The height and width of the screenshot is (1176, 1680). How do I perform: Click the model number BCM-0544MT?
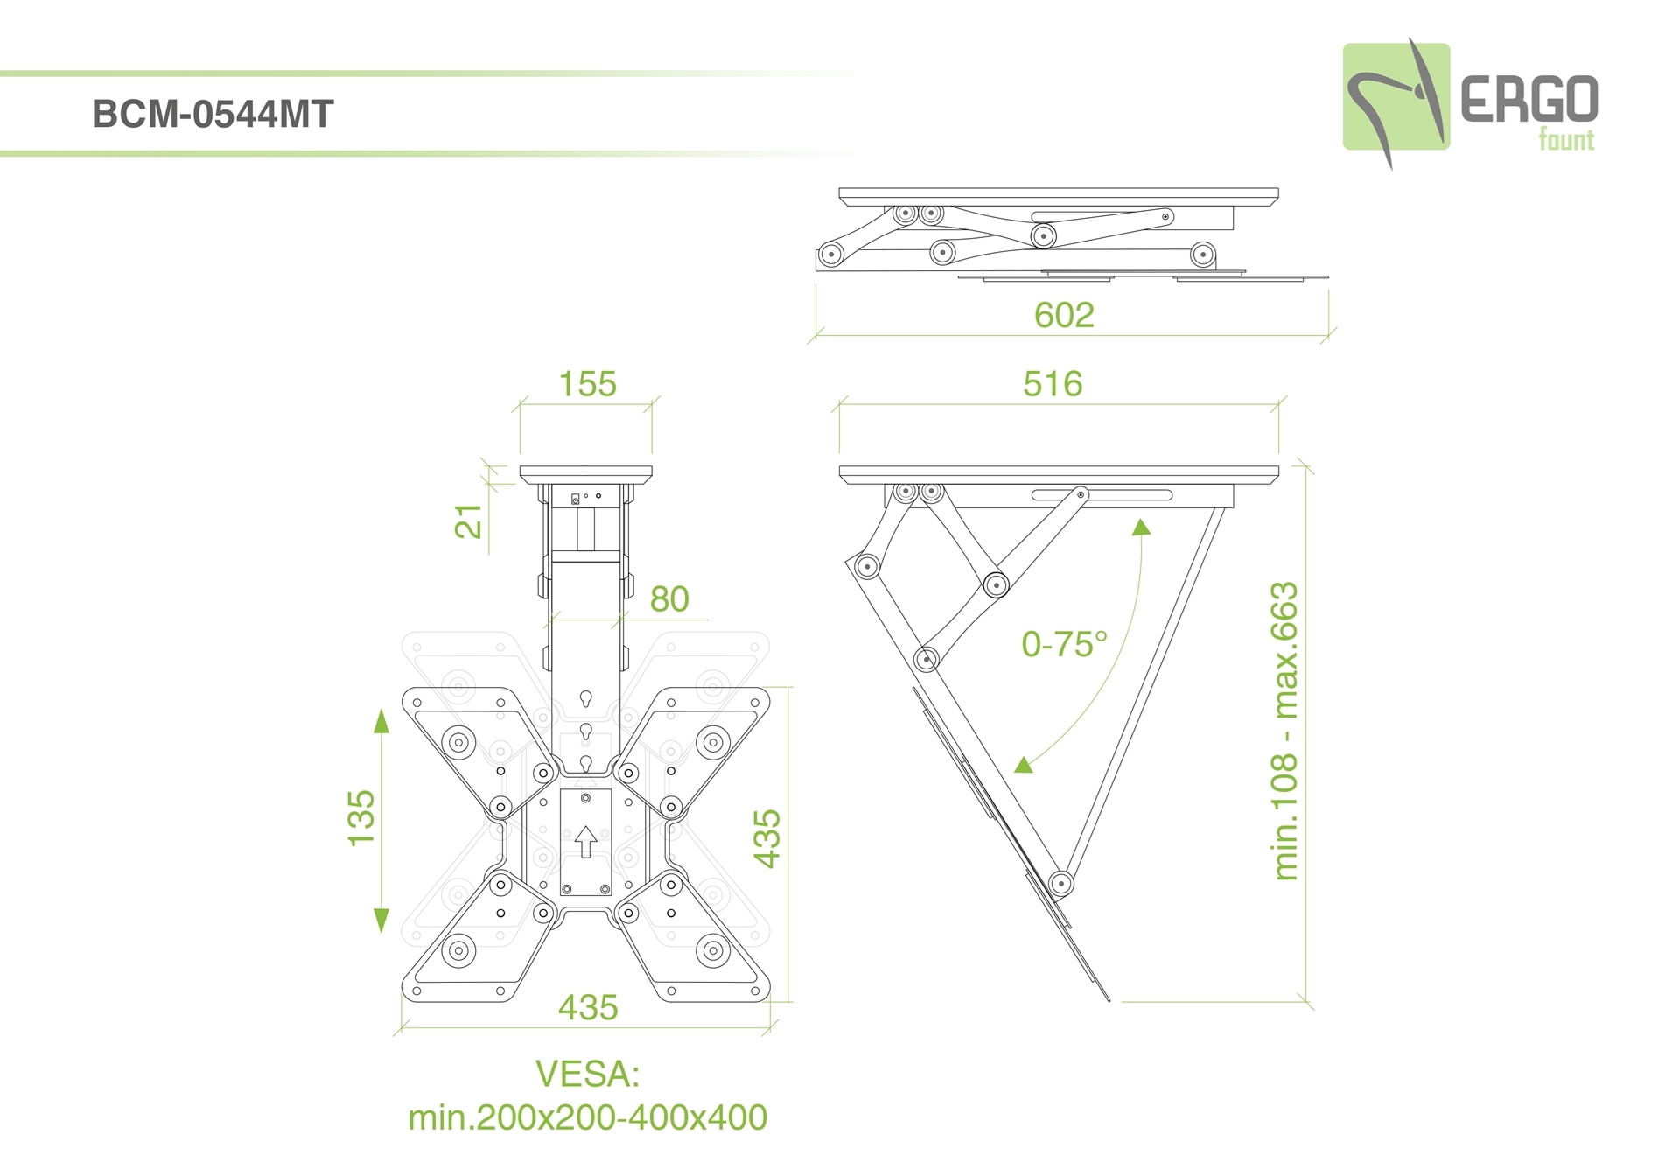coord(213,115)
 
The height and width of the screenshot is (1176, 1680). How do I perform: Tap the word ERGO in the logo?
coord(1528,99)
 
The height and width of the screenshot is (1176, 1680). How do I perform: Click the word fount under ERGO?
coord(1566,140)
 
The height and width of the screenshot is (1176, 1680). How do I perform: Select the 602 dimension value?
coord(1064,315)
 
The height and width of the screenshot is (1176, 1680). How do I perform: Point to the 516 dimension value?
coord(1053,384)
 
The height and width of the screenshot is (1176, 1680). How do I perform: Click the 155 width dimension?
coord(587,384)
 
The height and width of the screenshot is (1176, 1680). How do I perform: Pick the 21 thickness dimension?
coord(469,521)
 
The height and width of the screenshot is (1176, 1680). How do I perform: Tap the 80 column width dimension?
coord(669,599)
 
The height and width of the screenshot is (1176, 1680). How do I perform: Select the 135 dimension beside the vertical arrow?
coord(361,818)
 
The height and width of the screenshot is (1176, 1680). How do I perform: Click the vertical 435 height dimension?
coord(767,838)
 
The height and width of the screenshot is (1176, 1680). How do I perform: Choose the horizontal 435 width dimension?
coord(588,1008)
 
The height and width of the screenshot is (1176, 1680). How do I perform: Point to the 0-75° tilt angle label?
coord(1064,645)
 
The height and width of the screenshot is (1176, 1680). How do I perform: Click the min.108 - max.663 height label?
coord(1284,731)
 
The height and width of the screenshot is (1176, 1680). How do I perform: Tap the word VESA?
coord(587,1074)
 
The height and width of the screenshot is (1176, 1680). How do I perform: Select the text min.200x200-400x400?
coord(587,1117)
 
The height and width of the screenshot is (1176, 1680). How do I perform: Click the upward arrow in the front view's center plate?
coord(585,841)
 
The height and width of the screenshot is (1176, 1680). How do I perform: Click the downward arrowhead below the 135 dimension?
coord(381,920)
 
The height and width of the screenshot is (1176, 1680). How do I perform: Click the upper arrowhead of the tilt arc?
coord(1141,527)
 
